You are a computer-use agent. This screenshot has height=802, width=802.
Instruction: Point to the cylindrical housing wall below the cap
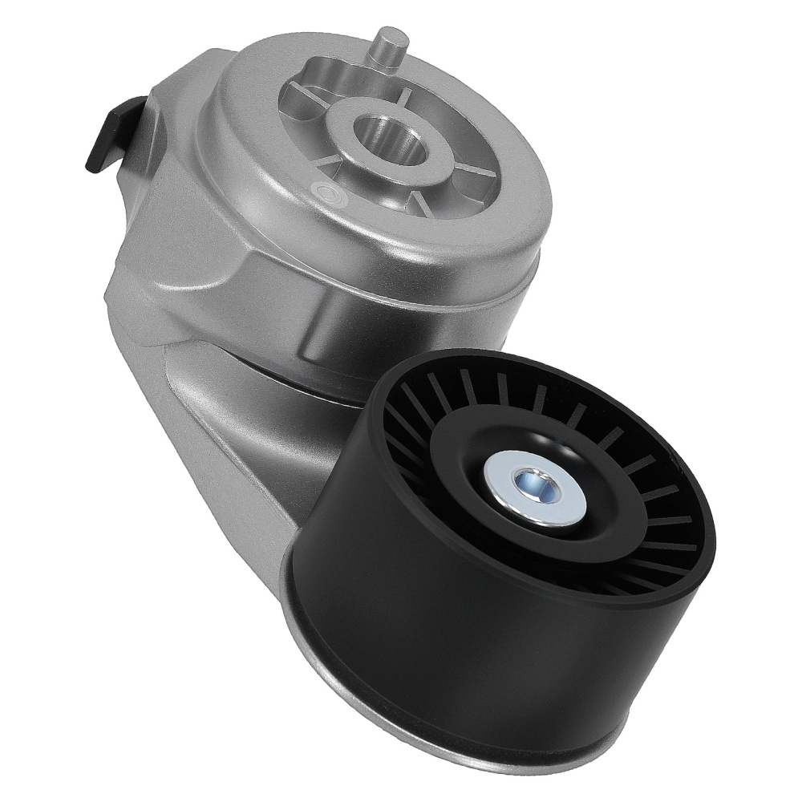(x=401, y=321)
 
